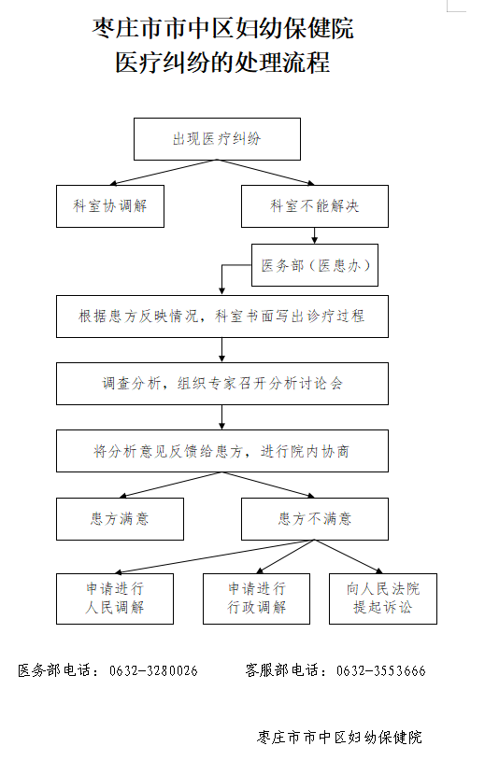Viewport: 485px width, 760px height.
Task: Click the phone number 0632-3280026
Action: [x=153, y=670]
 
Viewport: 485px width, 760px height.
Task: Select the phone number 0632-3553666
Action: [x=380, y=670]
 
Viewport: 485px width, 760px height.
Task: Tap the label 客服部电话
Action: [x=282, y=670]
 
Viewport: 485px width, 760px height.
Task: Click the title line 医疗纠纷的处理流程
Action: [x=222, y=63]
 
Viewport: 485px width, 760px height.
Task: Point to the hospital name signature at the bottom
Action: [x=339, y=738]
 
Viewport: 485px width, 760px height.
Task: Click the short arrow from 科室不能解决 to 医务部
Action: [x=315, y=235]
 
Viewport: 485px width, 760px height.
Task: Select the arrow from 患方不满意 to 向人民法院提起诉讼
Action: [x=349, y=556]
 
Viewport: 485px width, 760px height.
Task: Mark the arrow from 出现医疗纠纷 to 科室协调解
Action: [x=164, y=173]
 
